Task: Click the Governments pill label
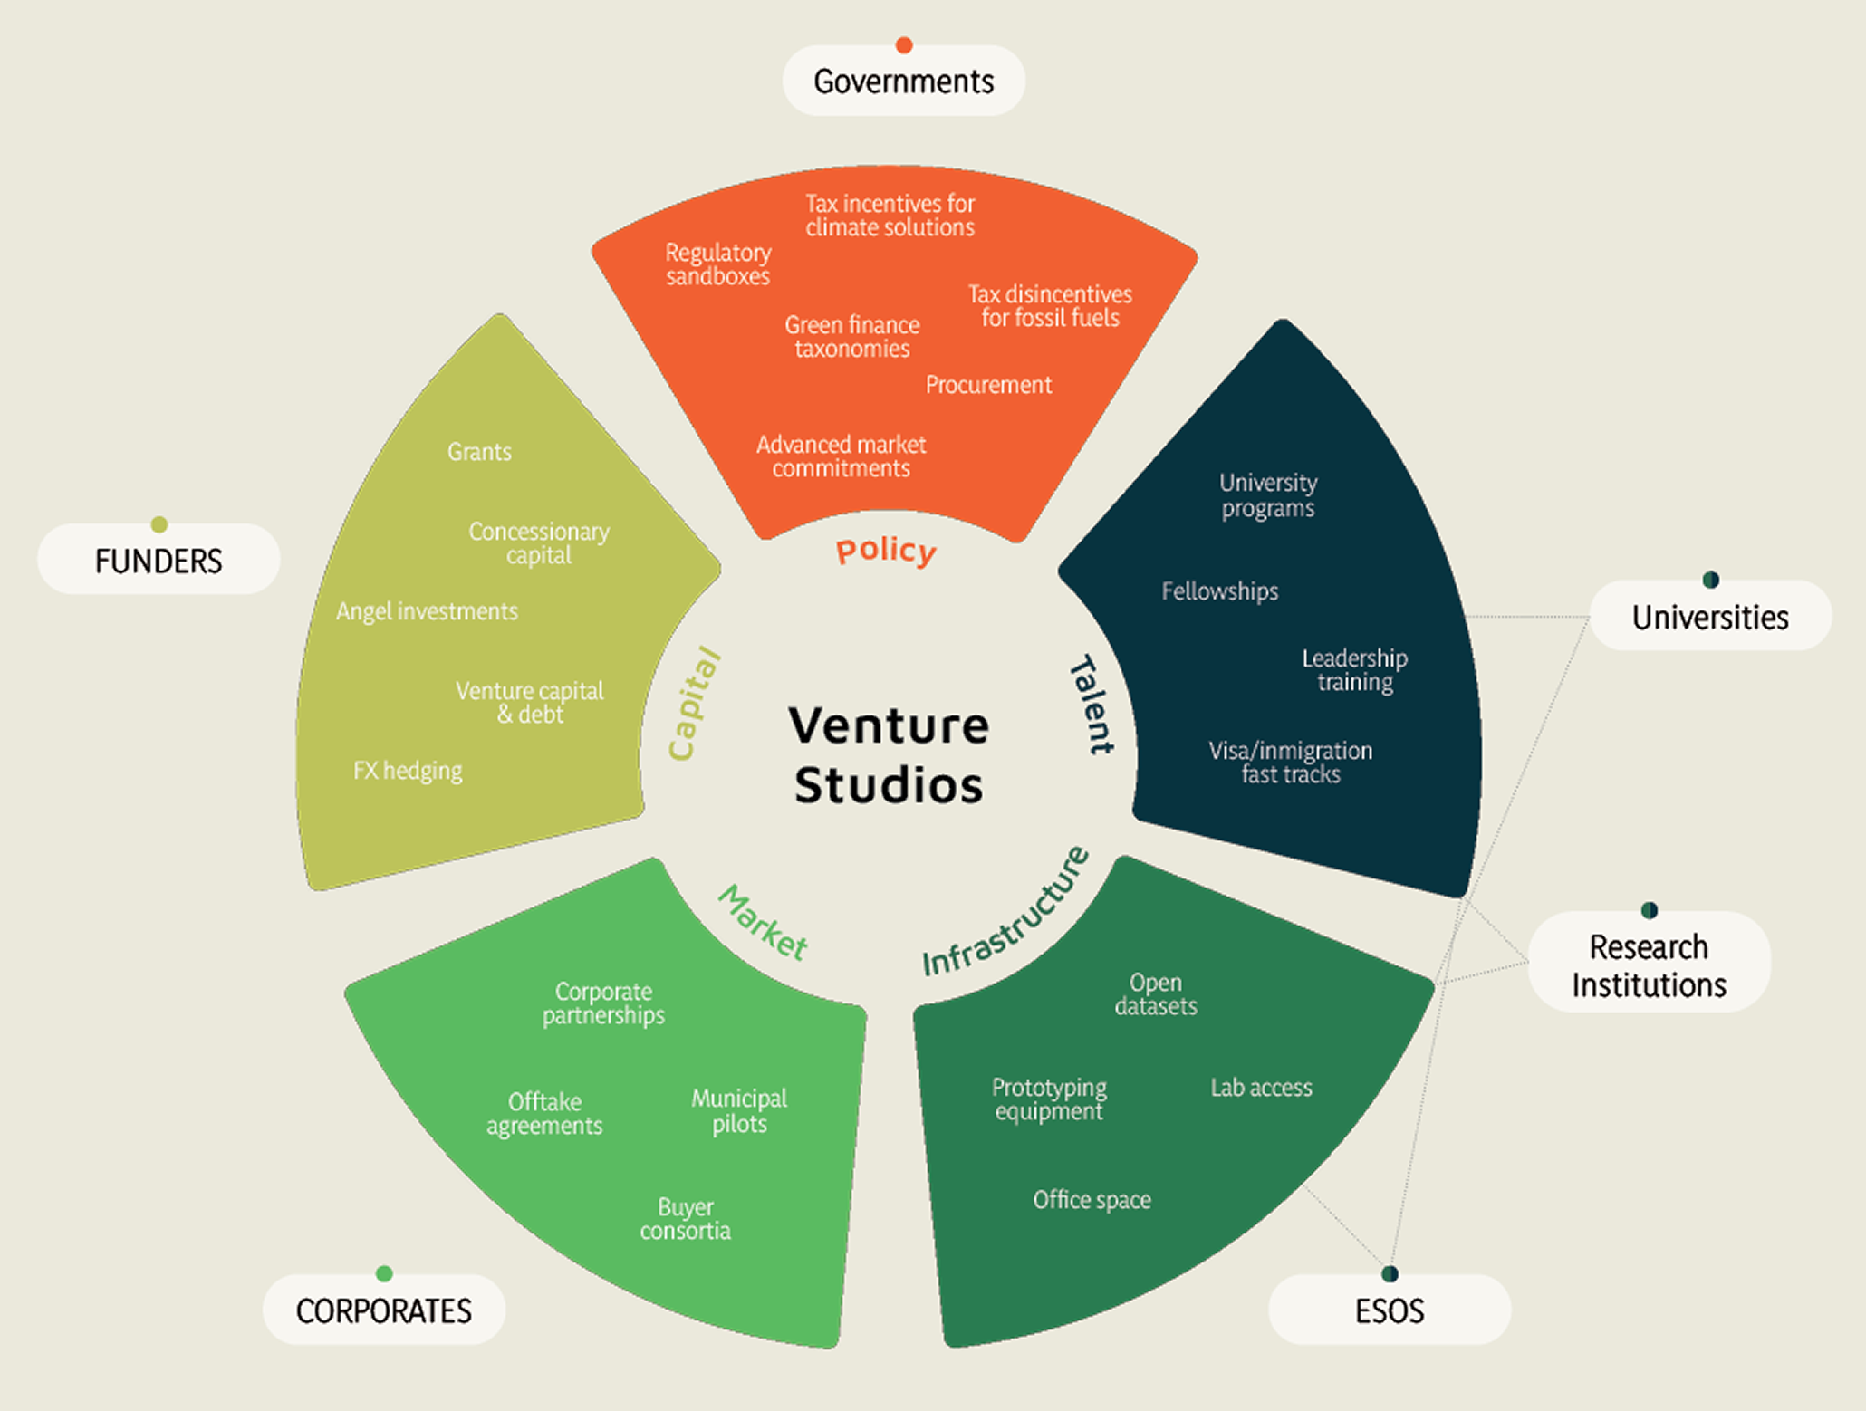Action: [x=903, y=82]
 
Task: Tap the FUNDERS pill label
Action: [x=159, y=561]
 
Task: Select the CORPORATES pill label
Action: [x=383, y=1310]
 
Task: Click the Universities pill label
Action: [x=1709, y=618]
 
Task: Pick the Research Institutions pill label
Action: [x=1649, y=965]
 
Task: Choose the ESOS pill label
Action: [x=1389, y=1310]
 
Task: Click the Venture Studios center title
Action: [x=889, y=754]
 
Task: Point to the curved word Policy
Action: [x=886, y=551]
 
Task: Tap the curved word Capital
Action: [x=694, y=704]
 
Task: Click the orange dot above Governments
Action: [x=903, y=45]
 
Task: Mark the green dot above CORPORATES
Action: [x=384, y=1273]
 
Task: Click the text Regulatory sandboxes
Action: [x=718, y=264]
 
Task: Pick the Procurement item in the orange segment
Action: [x=988, y=385]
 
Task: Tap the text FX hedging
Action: [x=408, y=771]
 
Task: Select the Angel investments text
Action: [x=427, y=611]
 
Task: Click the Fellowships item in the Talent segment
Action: [x=1219, y=591]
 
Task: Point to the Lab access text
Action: [x=1261, y=1088]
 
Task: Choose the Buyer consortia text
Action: [x=685, y=1219]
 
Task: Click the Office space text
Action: [x=1092, y=1200]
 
